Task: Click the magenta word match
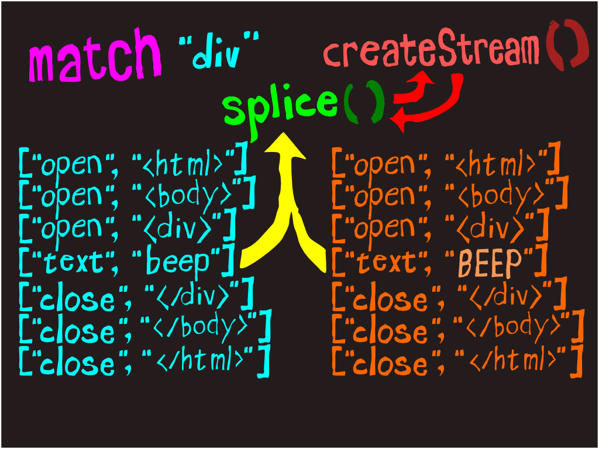95,57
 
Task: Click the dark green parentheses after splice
364,102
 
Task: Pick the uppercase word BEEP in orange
490,263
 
